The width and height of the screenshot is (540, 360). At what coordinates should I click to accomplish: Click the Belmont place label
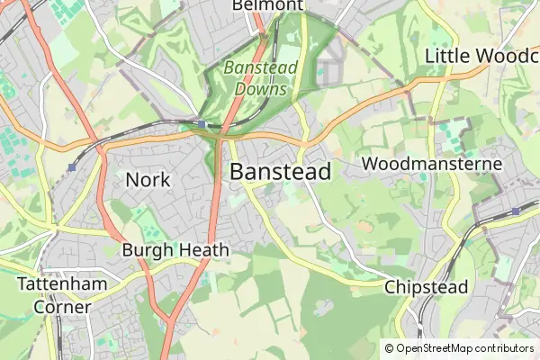pos(267,5)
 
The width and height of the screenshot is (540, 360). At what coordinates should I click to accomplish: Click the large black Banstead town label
pos(281,172)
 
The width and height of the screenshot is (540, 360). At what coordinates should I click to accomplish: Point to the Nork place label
pos(148,180)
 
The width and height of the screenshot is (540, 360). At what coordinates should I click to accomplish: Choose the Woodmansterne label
pos(432,165)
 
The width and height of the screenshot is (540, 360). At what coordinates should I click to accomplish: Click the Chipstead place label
pos(427,287)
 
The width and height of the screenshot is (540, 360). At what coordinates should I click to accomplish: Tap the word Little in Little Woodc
pos(447,56)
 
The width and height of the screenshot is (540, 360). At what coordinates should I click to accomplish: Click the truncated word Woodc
pos(508,56)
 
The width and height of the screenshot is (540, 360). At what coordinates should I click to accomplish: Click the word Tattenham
pos(62,284)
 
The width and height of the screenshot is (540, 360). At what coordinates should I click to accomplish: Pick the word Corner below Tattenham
pos(62,306)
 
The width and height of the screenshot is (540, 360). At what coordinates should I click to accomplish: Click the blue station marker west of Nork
pos(71,167)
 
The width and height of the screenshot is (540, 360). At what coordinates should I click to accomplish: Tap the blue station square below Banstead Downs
pos(202,124)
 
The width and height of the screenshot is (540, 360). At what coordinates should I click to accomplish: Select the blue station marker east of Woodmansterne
pos(516,211)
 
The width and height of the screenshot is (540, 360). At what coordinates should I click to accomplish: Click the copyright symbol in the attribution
pos(390,348)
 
